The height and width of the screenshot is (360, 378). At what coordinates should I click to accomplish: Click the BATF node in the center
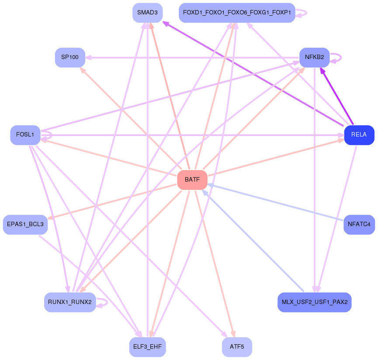[192, 180]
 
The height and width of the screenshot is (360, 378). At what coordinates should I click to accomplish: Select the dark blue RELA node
[359, 135]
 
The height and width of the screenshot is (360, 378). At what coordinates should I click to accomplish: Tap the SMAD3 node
[147, 13]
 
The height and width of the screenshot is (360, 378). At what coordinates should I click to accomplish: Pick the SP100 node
[70, 57]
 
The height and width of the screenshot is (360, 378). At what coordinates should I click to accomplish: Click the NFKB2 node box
[314, 57]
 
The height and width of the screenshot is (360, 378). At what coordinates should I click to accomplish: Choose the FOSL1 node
[25, 135]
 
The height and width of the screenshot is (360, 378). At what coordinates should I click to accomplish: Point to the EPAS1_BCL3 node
[25, 224]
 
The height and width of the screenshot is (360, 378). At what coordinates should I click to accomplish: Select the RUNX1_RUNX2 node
[70, 302]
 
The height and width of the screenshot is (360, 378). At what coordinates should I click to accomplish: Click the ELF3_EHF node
[147, 347]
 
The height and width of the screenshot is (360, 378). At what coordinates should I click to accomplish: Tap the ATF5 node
[237, 347]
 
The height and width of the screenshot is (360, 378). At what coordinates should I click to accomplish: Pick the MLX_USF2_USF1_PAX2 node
[314, 302]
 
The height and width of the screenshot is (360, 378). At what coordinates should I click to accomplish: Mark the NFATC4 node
[359, 224]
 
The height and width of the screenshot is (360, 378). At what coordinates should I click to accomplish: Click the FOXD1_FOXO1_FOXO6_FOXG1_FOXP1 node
[237, 13]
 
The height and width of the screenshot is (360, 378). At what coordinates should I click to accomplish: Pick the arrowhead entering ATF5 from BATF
[232, 333]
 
